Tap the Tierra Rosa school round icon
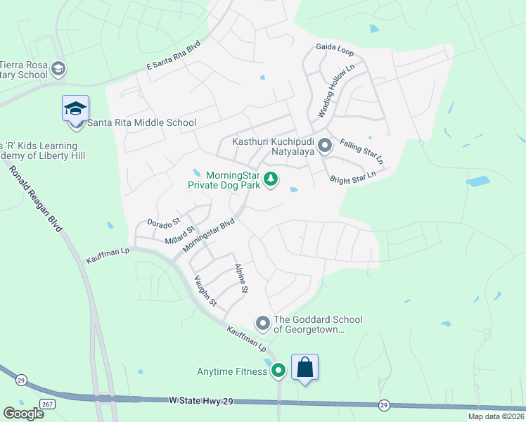[x=58, y=69]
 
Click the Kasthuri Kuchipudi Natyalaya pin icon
[x=324, y=146]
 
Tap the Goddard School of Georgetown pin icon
[x=262, y=324]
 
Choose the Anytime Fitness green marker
[x=278, y=370]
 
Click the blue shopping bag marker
[x=304, y=367]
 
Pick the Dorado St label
[x=164, y=222]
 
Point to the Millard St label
[x=179, y=235]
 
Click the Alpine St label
[x=240, y=279]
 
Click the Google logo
[x=23, y=413]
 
